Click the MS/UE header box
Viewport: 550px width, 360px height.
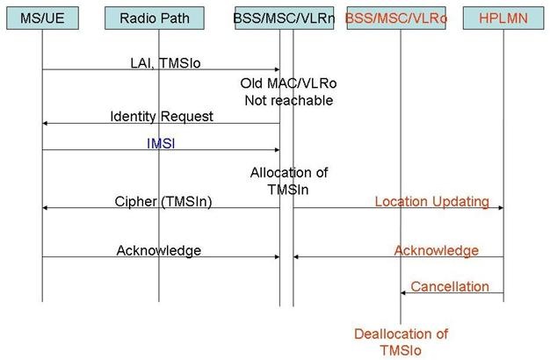42,18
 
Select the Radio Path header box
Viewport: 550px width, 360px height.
155,18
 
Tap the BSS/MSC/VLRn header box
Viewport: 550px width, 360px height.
284,18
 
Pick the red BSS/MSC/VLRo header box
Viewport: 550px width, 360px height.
396,18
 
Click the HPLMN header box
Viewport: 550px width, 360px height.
503,18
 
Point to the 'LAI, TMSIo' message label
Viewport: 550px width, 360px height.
165,63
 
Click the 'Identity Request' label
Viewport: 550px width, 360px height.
162,117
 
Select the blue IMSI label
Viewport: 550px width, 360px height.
161,143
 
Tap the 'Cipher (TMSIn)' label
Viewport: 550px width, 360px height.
163,202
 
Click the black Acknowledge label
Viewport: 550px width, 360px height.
159,250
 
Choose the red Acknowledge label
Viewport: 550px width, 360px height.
437,250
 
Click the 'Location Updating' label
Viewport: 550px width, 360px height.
432,202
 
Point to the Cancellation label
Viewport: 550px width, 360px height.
450,287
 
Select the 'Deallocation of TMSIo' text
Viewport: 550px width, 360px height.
401,342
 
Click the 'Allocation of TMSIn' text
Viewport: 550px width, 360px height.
289,181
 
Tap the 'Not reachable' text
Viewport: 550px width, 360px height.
289,101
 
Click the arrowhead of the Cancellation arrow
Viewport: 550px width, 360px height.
403,292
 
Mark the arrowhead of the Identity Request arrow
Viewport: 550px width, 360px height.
45,124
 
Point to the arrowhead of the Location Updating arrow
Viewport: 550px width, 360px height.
502,208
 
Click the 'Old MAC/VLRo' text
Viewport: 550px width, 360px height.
288,83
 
